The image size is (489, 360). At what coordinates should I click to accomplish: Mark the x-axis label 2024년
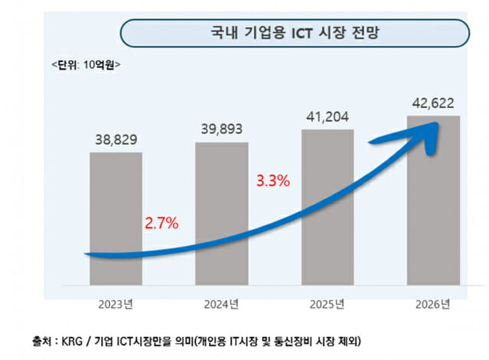(x=222, y=305)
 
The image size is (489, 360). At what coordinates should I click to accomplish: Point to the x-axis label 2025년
(x=328, y=305)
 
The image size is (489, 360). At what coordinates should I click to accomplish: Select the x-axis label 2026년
(x=433, y=305)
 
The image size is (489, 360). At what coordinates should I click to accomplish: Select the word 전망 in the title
(x=373, y=34)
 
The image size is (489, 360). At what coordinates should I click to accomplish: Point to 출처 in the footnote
(x=44, y=340)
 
